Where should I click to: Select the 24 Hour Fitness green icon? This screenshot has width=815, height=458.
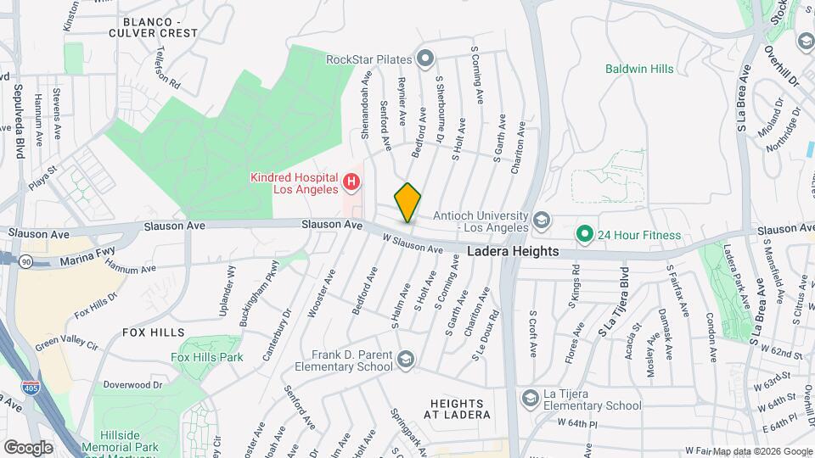coord(584,233)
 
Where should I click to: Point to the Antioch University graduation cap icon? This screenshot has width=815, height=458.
coord(541,222)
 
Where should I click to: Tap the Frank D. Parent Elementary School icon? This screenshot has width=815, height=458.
coord(405,360)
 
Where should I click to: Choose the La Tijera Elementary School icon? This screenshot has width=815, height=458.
coord(531,398)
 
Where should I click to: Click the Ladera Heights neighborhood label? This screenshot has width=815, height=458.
coord(513,252)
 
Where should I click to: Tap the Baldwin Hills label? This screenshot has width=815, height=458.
coord(639,69)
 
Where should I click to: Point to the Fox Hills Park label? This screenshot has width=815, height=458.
coord(206,357)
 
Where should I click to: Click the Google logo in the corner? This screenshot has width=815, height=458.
coord(28,447)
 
